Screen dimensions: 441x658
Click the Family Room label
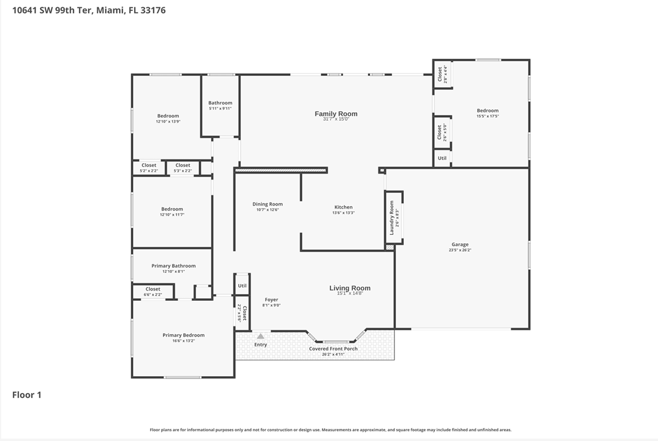click(336, 114)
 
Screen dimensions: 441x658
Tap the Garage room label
click(460, 244)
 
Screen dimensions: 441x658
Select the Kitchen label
click(343, 207)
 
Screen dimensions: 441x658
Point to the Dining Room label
click(267, 204)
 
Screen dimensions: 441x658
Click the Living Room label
click(350, 288)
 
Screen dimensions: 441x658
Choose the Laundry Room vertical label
click(392, 217)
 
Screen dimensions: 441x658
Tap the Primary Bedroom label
click(183, 335)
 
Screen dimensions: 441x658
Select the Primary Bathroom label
click(173, 266)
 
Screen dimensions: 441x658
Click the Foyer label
click(271, 300)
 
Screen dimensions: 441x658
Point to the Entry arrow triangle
click(261, 336)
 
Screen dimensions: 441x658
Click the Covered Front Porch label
click(333, 349)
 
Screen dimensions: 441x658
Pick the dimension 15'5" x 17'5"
click(488, 116)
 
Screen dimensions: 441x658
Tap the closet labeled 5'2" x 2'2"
click(149, 167)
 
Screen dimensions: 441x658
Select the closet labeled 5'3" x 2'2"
click(183, 167)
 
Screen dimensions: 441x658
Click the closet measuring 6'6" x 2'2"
click(153, 292)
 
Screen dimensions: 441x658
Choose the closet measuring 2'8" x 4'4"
click(442, 74)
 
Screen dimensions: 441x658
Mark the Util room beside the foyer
click(242, 286)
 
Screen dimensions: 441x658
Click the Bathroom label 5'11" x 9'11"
click(220, 106)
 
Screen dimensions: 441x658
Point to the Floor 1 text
click(27, 395)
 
